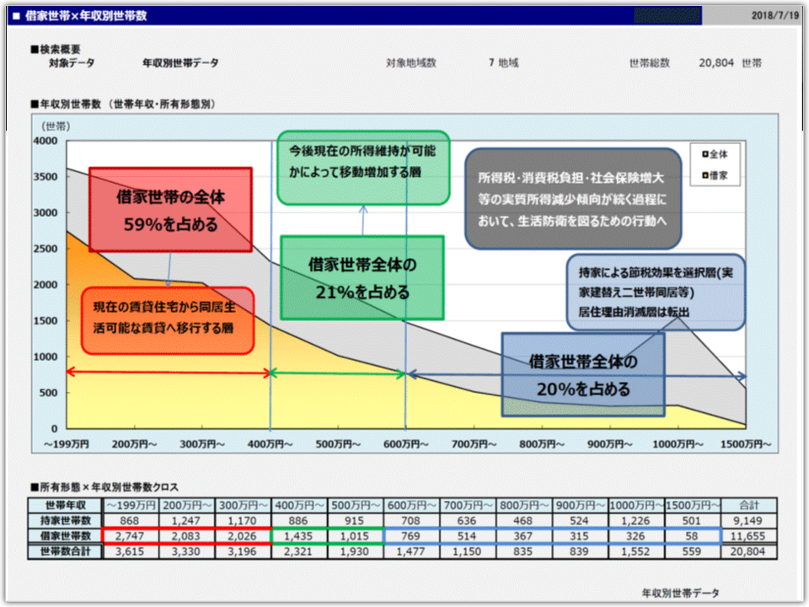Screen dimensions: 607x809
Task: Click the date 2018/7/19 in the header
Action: coord(774,15)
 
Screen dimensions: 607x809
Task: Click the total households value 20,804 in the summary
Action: coord(717,63)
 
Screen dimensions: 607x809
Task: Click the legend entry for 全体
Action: coord(718,154)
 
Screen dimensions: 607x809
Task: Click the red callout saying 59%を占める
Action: coord(171,210)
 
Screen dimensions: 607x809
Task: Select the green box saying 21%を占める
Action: coord(362,277)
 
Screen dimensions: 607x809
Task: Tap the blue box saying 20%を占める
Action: coord(583,374)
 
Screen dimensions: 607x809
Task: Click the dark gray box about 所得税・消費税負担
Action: coord(572,200)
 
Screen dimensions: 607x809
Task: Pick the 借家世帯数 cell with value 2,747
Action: coord(130,536)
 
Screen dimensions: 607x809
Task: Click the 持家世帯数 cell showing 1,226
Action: coord(636,520)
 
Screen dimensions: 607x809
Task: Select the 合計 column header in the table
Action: coord(749,505)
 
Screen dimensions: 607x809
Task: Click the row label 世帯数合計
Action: coord(63,551)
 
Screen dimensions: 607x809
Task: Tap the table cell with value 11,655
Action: coord(749,536)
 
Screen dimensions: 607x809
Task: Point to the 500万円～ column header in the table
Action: coord(355,505)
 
